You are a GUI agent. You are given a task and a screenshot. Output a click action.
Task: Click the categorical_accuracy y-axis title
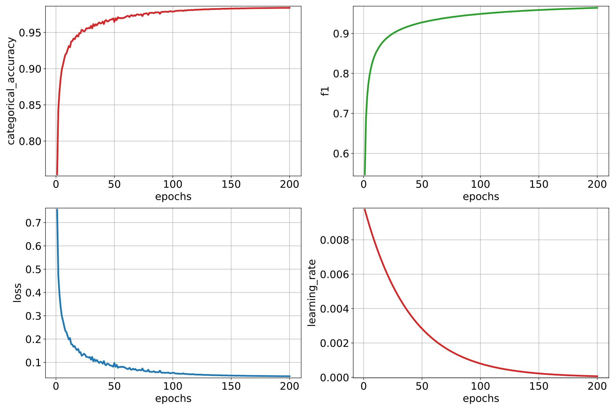(11, 91)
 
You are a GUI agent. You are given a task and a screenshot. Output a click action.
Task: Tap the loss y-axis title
(17, 293)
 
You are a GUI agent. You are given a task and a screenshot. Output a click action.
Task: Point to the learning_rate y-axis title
(312, 293)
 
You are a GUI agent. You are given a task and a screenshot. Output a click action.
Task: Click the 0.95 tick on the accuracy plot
(30, 33)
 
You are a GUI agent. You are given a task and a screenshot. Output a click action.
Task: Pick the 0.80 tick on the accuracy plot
(30, 141)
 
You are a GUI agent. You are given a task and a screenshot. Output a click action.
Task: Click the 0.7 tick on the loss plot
(33, 223)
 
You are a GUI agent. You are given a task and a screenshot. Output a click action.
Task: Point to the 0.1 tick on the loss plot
(33, 362)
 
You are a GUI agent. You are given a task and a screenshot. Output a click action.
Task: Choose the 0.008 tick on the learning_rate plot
(334, 240)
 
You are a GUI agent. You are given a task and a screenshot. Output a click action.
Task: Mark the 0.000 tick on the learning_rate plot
(334, 377)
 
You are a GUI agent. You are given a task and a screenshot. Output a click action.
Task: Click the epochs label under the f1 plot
(481, 197)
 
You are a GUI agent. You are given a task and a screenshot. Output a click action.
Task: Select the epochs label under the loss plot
(173, 399)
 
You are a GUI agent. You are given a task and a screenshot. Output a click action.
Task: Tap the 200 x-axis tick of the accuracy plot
(289, 184)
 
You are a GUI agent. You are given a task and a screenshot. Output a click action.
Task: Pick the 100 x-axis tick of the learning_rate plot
(480, 386)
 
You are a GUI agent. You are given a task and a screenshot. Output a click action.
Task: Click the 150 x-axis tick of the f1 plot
(539, 184)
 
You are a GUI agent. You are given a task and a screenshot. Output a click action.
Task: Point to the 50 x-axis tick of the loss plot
(114, 386)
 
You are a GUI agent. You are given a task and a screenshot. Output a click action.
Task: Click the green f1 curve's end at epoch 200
(597, 8)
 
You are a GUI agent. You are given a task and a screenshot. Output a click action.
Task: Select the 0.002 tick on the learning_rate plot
(334, 343)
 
